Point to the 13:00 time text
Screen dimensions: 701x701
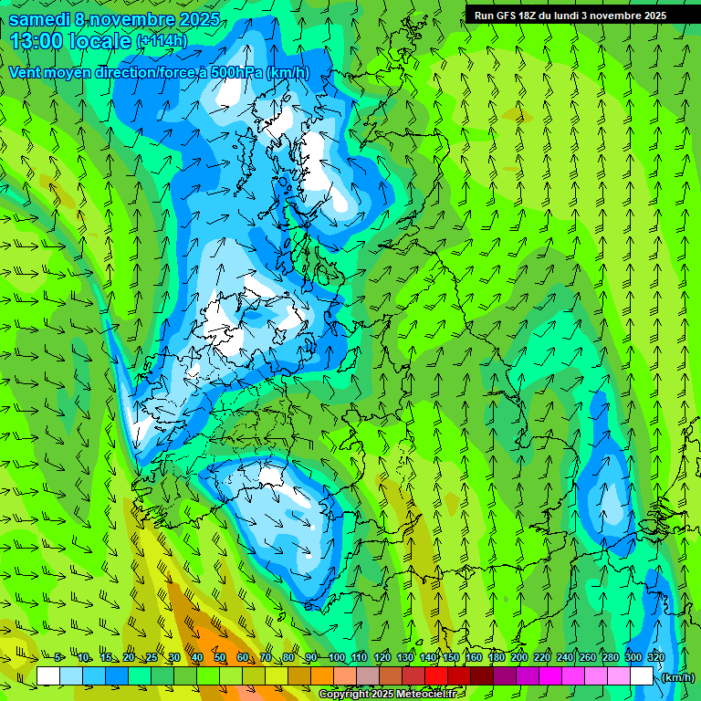(38, 41)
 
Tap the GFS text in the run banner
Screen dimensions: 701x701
(506, 16)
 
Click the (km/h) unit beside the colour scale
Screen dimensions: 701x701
(678, 676)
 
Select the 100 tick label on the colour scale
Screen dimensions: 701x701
(336, 658)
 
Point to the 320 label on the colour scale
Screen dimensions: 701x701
(654, 658)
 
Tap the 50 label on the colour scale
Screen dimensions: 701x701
(220, 658)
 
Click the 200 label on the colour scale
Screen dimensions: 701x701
(518, 658)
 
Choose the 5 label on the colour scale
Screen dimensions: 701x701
(59, 658)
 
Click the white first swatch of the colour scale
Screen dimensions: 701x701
(48, 675)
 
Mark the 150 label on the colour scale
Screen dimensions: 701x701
(451, 658)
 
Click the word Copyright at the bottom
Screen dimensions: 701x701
(344, 695)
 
